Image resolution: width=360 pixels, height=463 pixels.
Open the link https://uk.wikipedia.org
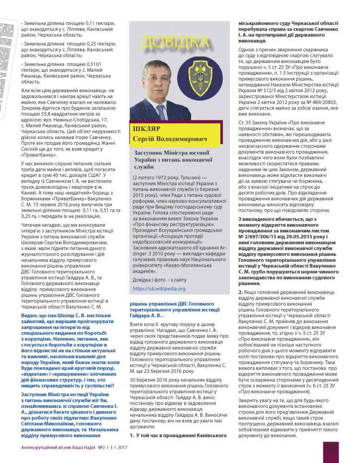(159, 288)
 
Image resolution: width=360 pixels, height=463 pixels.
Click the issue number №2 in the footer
(102, 448)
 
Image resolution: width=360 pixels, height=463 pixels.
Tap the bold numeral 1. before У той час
(132, 435)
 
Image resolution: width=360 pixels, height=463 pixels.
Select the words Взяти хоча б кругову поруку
(160, 325)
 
